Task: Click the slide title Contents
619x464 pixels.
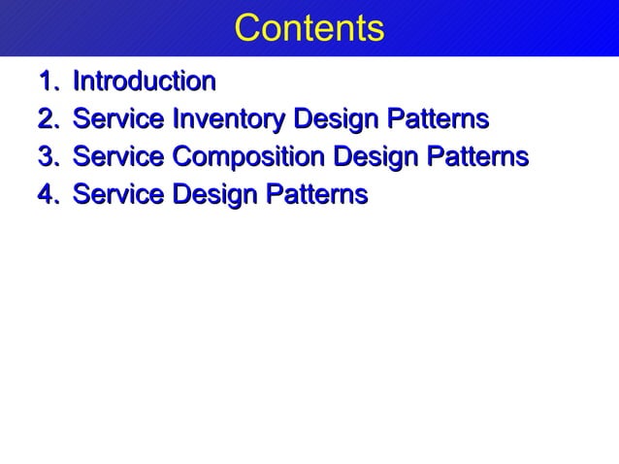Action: click(309, 28)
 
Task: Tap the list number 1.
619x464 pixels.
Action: click(45, 80)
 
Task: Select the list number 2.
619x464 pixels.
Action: click(45, 119)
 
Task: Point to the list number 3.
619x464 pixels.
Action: click(45, 157)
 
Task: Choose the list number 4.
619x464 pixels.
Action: click(45, 195)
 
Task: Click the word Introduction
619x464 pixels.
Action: click(144, 80)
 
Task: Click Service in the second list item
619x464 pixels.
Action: click(118, 119)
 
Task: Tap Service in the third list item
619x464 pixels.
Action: click(118, 157)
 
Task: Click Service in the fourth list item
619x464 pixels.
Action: click(118, 195)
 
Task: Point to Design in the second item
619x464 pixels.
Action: click(336, 120)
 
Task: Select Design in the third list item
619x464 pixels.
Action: click(375, 158)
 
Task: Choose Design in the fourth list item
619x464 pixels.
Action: click(215, 196)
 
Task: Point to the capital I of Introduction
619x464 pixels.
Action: click(78, 80)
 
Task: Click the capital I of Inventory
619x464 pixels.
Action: click(175, 119)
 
